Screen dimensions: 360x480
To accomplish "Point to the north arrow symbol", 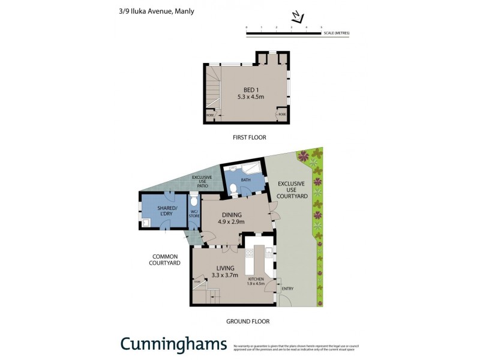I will (x=297, y=17).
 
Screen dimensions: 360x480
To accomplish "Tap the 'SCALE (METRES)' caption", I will (x=336, y=32).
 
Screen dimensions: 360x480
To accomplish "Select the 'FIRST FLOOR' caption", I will (x=249, y=137).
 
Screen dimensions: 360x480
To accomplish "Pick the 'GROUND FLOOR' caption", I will (x=248, y=322).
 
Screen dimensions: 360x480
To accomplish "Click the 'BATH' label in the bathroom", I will (x=246, y=179).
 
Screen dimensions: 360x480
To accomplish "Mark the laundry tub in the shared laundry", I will (x=147, y=222).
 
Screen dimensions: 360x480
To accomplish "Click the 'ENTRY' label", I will (x=287, y=289).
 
